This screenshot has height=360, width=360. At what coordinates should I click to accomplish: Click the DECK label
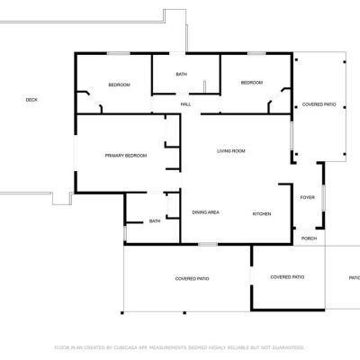pos(31,100)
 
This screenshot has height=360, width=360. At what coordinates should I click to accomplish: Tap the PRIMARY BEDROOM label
pos(126,156)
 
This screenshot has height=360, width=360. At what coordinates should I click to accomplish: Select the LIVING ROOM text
pos(231,151)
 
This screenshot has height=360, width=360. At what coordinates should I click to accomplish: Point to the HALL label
pos(185,104)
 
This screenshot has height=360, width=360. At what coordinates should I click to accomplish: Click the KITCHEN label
pos(262,214)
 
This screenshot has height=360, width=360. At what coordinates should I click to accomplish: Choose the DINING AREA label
pos(205,212)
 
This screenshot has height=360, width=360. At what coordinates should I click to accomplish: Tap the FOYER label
pos(308,197)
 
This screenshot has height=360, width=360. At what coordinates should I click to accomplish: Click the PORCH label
pos(309,238)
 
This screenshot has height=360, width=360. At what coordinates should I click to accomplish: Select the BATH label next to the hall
pos(181,74)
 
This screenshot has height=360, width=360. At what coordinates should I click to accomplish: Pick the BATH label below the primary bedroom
pos(155,221)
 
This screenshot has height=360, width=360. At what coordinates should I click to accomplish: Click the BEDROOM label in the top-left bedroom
pos(119,85)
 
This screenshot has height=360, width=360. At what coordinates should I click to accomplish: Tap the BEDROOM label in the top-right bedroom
pos(252,83)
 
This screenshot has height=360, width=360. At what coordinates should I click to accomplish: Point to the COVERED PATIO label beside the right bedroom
pos(319,104)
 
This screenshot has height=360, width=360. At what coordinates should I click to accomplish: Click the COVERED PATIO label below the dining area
pos(192,279)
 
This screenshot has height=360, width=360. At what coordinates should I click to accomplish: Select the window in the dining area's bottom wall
pos(208,245)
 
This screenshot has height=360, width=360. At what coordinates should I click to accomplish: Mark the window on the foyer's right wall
pos(323,198)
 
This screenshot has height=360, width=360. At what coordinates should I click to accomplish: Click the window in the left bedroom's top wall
pos(119,53)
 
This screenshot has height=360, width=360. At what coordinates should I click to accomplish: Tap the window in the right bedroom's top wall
pos(256,53)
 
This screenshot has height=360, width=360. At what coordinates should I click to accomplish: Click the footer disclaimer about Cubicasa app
pos(179,347)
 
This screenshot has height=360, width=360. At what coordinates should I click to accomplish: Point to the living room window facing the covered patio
pos(292,136)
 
